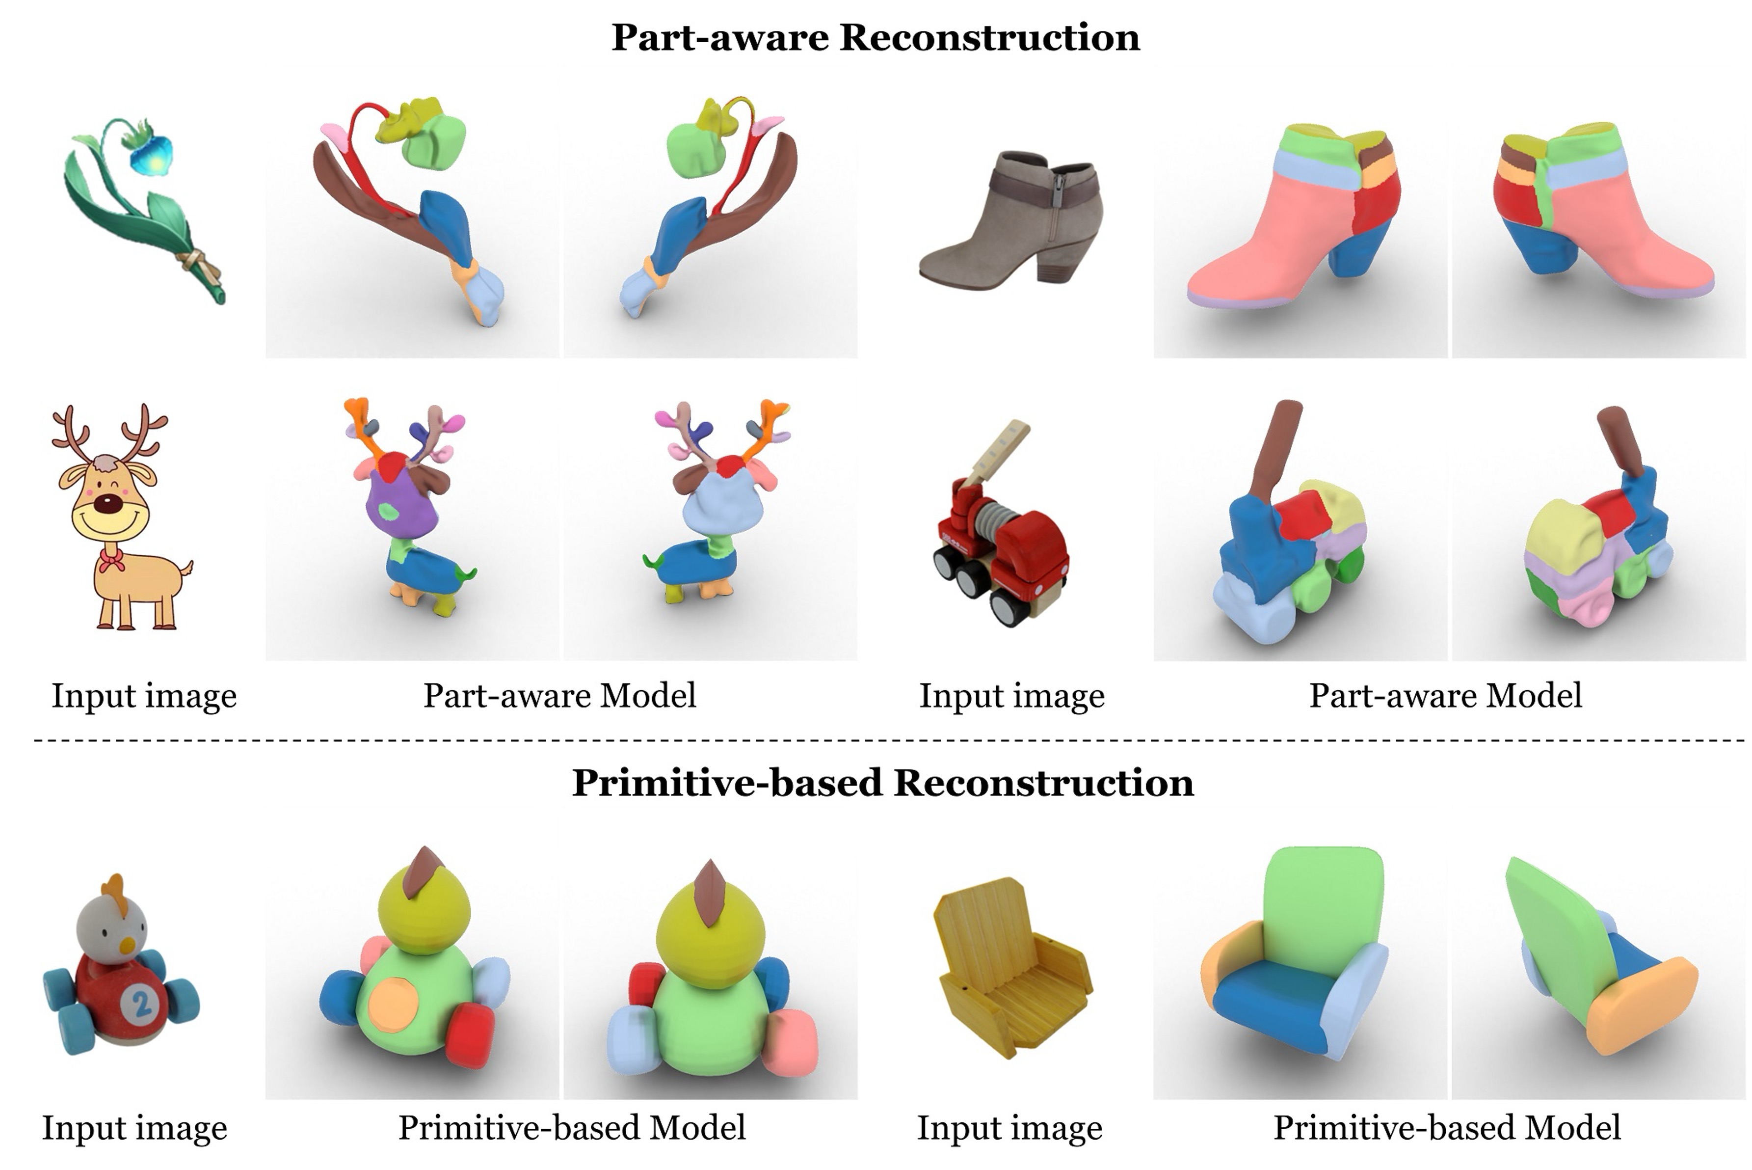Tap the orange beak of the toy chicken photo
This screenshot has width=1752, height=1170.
point(128,946)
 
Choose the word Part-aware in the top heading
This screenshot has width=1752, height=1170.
point(719,37)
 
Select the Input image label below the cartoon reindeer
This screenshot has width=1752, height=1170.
point(144,695)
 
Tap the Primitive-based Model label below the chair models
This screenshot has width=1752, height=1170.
point(1446,1127)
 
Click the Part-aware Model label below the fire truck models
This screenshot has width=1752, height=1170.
point(1445,695)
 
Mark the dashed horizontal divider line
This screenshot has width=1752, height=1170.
point(888,741)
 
